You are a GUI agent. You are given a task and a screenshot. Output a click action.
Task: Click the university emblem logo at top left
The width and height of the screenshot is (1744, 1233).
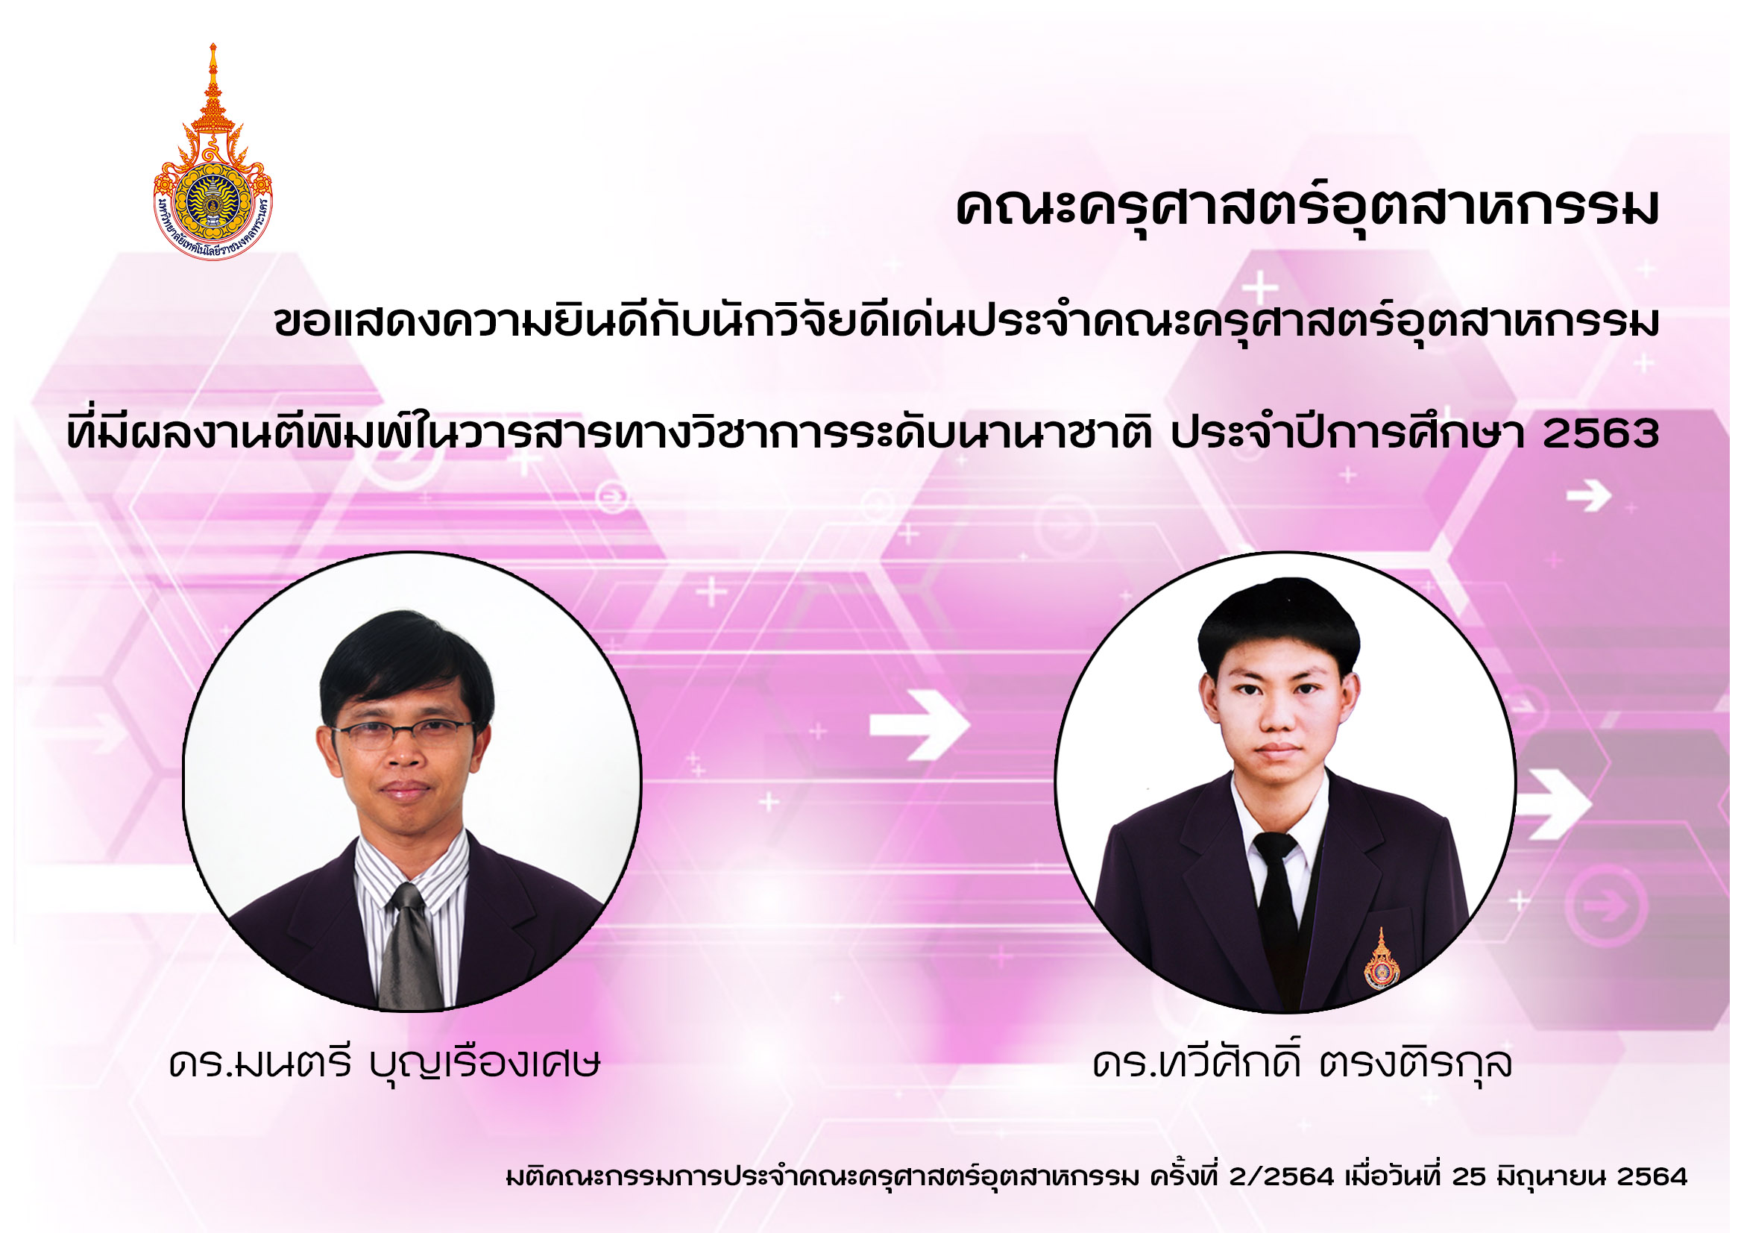(x=213, y=152)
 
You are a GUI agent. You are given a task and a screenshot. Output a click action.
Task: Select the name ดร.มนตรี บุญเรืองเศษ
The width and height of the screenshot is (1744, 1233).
(x=384, y=1064)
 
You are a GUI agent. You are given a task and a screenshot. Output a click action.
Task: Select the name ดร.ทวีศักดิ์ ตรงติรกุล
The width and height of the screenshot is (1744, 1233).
(x=1302, y=1061)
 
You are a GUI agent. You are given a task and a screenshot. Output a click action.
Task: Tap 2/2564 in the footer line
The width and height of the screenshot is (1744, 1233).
(x=1282, y=1177)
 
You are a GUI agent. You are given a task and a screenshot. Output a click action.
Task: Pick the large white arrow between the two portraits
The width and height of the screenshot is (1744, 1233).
(x=920, y=725)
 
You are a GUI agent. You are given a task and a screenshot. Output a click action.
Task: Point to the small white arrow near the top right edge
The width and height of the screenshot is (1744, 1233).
(x=1589, y=497)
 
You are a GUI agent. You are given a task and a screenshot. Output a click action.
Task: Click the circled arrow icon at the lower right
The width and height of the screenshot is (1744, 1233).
(x=1608, y=905)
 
